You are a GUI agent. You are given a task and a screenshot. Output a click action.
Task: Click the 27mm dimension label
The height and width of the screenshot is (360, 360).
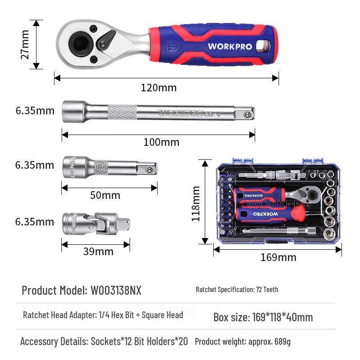(25, 45)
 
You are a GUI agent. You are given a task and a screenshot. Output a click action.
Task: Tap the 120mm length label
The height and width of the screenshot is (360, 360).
(159, 88)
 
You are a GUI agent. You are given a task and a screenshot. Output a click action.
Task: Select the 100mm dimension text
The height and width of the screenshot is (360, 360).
(162, 142)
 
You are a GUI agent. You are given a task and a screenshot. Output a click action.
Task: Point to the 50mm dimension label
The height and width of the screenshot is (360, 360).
(105, 195)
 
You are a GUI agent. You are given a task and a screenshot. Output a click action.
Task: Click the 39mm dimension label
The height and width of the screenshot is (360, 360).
(98, 252)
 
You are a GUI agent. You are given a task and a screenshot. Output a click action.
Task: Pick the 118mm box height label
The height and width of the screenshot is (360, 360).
(196, 204)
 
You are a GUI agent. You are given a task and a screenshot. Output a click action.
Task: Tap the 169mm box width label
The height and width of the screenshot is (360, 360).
(278, 257)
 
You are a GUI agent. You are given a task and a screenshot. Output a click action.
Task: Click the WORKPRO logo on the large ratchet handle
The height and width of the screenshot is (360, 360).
(230, 46)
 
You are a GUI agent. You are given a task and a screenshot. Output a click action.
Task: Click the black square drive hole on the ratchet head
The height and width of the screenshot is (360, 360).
(79, 44)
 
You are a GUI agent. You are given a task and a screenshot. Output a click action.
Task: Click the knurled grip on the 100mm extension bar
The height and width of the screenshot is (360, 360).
(122, 112)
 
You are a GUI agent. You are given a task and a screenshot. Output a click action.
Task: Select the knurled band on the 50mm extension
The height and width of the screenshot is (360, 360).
(101, 167)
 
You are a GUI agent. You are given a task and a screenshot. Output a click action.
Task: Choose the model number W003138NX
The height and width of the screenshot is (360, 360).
(116, 290)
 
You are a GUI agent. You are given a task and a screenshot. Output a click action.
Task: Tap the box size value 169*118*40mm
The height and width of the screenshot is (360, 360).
(283, 317)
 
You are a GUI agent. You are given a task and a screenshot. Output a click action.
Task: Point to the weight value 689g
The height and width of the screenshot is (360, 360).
(283, 342)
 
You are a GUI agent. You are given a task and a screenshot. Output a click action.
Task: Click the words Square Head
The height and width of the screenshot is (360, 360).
(162, 315)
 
